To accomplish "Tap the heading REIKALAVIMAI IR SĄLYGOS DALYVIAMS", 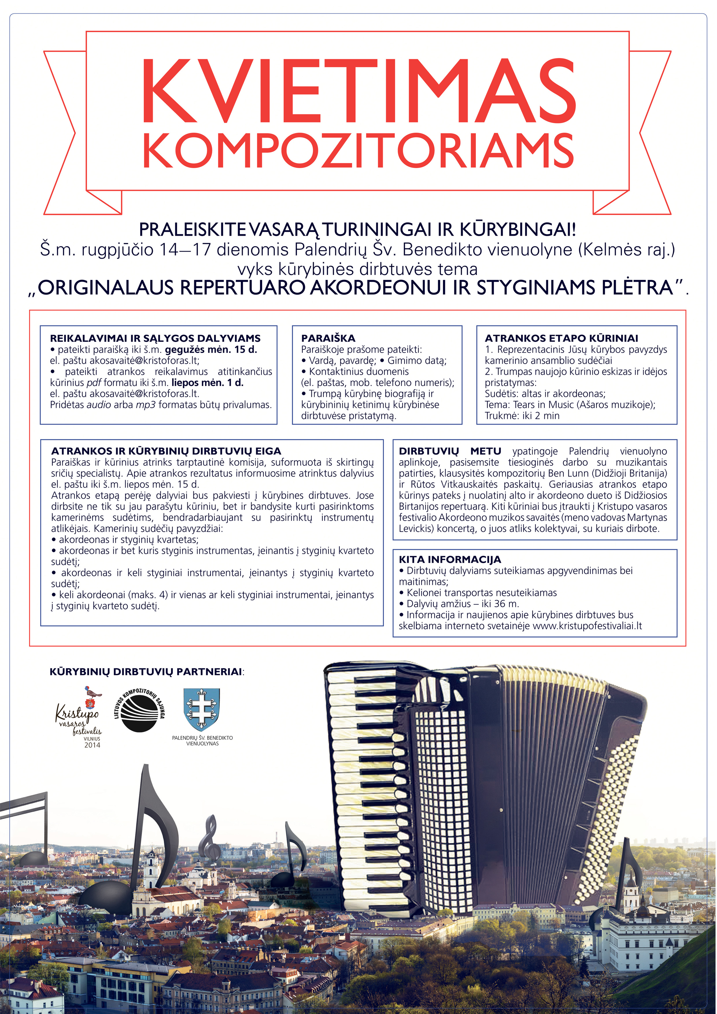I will click(x=155, y=338).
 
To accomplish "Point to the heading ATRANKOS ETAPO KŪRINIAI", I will click(x=561, y=338).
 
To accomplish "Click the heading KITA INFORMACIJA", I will click(x=450, y=560).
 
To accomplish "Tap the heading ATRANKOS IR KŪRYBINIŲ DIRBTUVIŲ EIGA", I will click(x=166, y=451).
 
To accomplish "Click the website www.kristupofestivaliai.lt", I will click(x=587, y=626).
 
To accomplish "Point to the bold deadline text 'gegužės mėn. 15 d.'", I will click(x=211, y=350).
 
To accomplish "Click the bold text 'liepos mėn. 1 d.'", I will click(x=207, y=382).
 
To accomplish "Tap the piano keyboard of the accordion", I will click(x=362, y=777).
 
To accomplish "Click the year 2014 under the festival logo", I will click(x=92, y=745).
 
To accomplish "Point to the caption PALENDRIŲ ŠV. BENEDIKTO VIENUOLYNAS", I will click(x=202, y=741).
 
